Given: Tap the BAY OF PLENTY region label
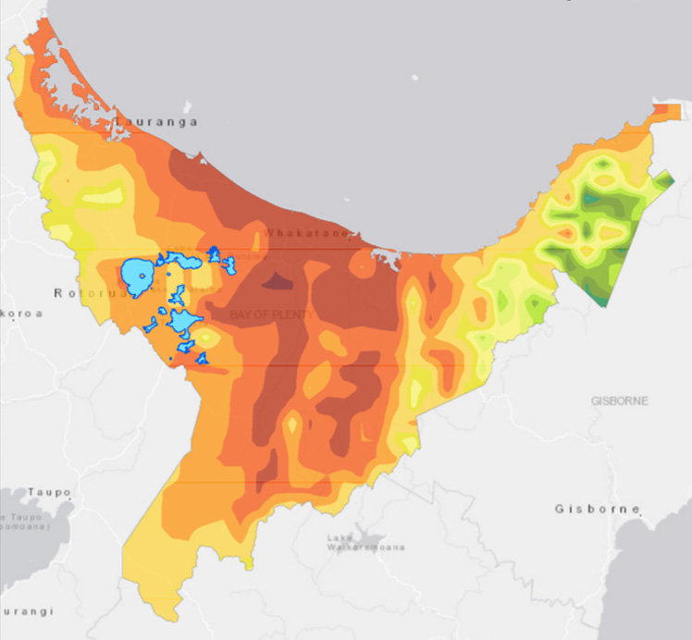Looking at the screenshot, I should (x=272, y=314).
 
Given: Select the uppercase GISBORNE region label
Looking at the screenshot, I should (x=619, y=400).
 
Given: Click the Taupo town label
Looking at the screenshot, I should (x=43, y=492).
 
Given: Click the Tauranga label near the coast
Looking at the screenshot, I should (x=156, y=121).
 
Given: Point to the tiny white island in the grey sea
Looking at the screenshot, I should (x=415, y=78).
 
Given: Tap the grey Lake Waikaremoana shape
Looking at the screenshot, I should (x=370, y=536).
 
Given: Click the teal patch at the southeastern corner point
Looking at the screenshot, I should (x=602, y=301).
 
